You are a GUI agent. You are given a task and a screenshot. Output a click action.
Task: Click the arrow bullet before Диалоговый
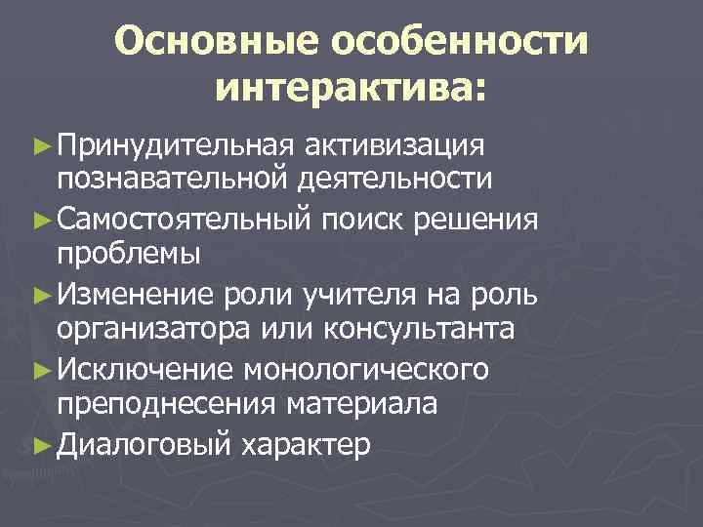pos(39,445)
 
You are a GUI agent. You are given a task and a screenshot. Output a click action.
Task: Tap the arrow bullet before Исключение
pos(39,370)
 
